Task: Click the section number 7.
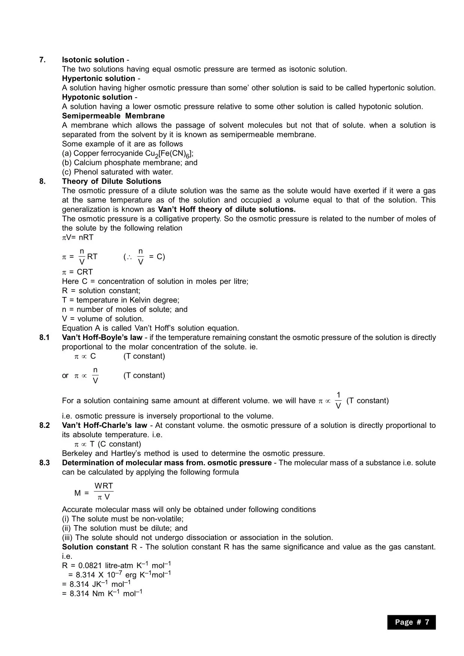click(42, 60)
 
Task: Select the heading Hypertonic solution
click(98, 79)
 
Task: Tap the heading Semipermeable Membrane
click(113, 116)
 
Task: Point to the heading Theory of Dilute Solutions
click(112, 181)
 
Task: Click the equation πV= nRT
click(77, 237)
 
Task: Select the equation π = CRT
click(77, 272)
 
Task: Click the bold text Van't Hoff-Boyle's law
click(102, 338)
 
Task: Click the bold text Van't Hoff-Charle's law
click(104, 426)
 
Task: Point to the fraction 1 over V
click(338, 401)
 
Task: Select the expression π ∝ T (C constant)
click(108, 444)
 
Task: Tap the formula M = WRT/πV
click(94, 492)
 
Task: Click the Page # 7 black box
click(411, 622)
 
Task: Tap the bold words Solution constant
click(95, 547)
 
